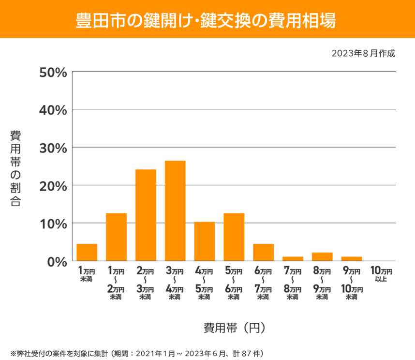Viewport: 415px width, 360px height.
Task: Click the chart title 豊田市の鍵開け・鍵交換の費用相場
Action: pyautogui.click(x=207, y=20)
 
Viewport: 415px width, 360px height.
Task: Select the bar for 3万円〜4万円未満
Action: pyautogui.click(x=175, y=211)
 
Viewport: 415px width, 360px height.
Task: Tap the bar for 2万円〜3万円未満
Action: pyautogui.click(x=146, y=215)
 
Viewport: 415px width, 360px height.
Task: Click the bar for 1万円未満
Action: pyautogui.click(x=87, y=253)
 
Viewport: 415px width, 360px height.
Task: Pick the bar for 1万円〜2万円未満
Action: pyautogui.click(x=116, y=237)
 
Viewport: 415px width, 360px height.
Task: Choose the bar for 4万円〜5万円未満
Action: pyautogui.click(x=205, y=241)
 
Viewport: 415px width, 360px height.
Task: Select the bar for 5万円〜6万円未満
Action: pyautogui.click(x=234, y=237)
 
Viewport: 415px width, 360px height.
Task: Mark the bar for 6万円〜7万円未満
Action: pyautogui.click(x=263, y=253)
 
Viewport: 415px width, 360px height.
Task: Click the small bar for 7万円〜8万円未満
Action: pyautogui.click(x=293, y=259)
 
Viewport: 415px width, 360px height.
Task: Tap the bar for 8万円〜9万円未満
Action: pyautogui.click(x=322, y=257)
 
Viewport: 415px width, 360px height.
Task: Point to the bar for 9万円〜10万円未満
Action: pyautogui.click(x=352, y=259)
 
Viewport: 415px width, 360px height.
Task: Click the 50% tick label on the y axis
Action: pyautogui.click(x=53, y=72)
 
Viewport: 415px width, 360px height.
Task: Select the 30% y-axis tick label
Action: pyautogui.click(x=53, y=148)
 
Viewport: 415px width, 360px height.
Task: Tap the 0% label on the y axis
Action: pyautogui.click(x=56, y=261)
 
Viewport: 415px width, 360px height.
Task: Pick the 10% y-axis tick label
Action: pyautogui.click(x=53, y=224)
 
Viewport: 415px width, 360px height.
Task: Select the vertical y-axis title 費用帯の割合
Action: pyautogui.click(x=15, y=168)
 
